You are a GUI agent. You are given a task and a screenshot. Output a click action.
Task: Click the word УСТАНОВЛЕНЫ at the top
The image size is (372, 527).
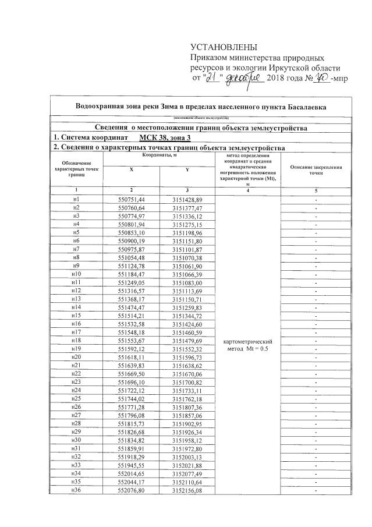(x=224, y=47)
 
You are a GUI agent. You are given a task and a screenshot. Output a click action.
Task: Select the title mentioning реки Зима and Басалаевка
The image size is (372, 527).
(x=201, y=107)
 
